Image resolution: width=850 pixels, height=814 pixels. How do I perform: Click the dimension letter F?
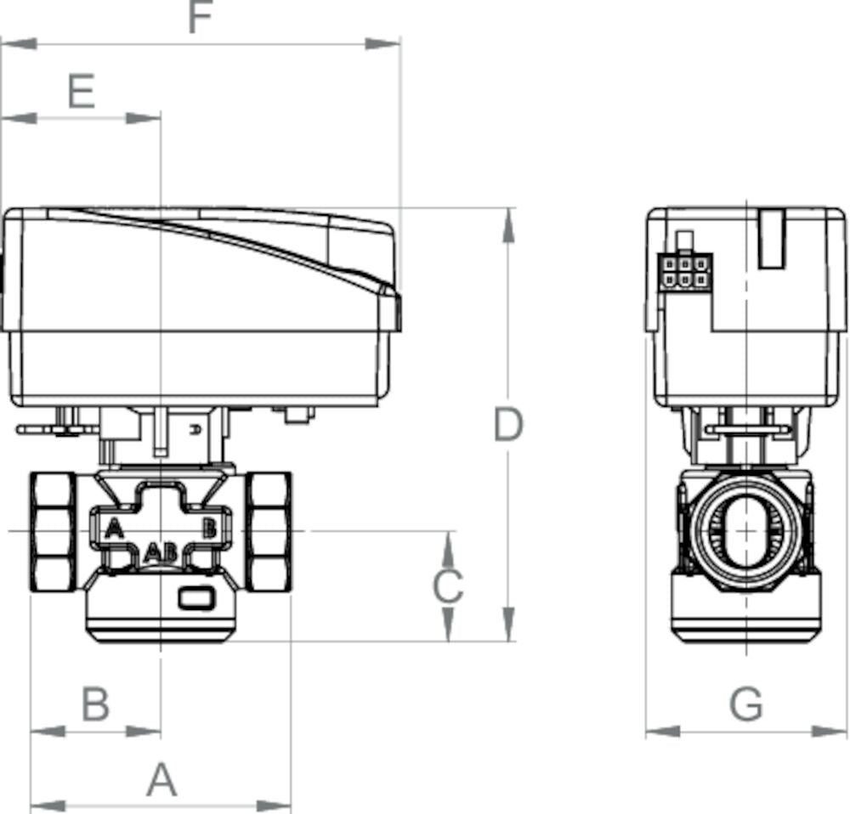pyautogui.click(x=200, y=18)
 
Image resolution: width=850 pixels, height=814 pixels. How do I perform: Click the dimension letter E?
pyautogui.click(x=82, y=91)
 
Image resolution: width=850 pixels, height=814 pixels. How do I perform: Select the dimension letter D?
pyautogui.click(x=507, y=425)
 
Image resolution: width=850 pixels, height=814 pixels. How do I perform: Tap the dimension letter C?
pyautogui.click(x=448, y=586)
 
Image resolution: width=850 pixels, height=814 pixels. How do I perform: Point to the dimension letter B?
pyautogui.click(x=95, y=704)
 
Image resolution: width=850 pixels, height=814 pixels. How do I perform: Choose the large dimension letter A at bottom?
pyautogui.click(x=161, y=780)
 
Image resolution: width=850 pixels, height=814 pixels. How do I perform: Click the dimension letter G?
pyautogui.click(x=746, y=704)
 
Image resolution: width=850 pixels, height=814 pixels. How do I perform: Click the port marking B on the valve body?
pyautogui.click(x=208, y=529)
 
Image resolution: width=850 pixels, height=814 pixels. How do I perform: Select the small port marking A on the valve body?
pyautogui.click(x=113, y=529)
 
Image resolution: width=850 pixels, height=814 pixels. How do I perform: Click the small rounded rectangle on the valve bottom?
pyautogui.click(x=197, y=599)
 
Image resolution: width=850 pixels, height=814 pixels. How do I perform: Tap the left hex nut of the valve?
pyautogui.click(x=53, y=532)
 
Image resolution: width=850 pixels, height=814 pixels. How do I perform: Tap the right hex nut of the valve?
pyautogui.click(x=269, y=532)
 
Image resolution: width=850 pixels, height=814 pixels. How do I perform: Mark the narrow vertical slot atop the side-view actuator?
pyautogui.click(x=770, y=240)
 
